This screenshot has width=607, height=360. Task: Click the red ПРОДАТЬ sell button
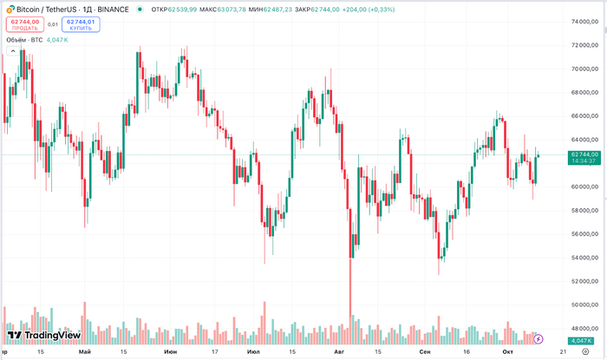pos(25,24)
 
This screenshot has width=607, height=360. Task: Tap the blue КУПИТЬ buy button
pos(81,24)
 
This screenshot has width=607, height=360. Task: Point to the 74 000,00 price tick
pos(583,22)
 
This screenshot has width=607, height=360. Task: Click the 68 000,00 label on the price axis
pos(583,92)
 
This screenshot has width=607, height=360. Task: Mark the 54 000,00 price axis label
pos(583,258)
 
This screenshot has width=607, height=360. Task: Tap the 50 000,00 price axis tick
pos(583,304)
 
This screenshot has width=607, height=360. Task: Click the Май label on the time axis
pos(84,352)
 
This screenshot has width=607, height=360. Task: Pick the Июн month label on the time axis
pos(171,352)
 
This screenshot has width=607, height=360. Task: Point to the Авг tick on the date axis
pos(339,352)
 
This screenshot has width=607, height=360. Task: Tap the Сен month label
pos(424,352)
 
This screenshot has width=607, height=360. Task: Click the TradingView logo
pos(44,336)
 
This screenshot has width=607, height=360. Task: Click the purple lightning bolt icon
pos(538,338)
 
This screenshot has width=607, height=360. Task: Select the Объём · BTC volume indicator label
pos(24,40)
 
